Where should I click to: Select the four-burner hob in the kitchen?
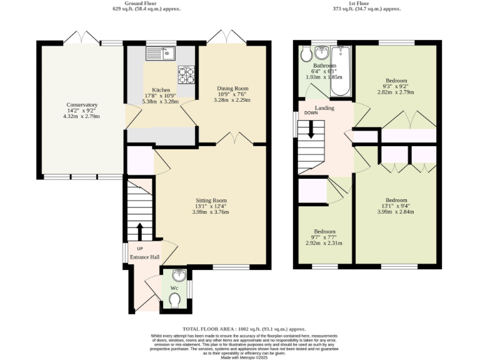pos(186,74)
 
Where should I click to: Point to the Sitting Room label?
pos(211,201)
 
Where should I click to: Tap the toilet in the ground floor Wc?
pos(175,302)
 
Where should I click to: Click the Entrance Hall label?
pos(144,257)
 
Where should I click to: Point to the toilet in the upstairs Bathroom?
pos(306,55)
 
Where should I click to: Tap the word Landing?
pos(324,108)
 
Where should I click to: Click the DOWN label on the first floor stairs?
pos(311,113)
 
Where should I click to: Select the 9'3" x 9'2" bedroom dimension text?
pos(396,87)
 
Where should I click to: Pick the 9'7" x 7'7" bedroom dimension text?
pos(324,237)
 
